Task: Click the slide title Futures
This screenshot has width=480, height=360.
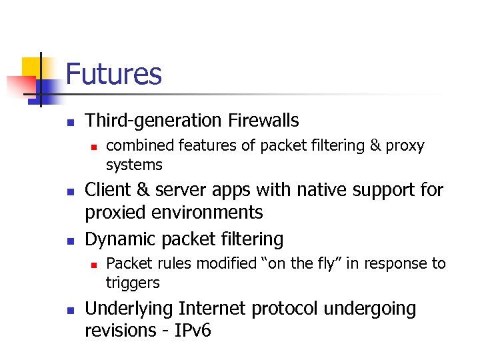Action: coord(113,73)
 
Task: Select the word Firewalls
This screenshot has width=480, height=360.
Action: coord(264,121)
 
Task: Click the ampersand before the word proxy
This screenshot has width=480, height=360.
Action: coord(375,145)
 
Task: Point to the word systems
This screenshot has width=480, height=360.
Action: coord(134,165)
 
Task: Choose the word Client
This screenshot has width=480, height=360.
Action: coord(108,190)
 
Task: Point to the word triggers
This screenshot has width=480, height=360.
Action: coord(133,283)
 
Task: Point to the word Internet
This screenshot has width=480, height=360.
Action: coord(210,309)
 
